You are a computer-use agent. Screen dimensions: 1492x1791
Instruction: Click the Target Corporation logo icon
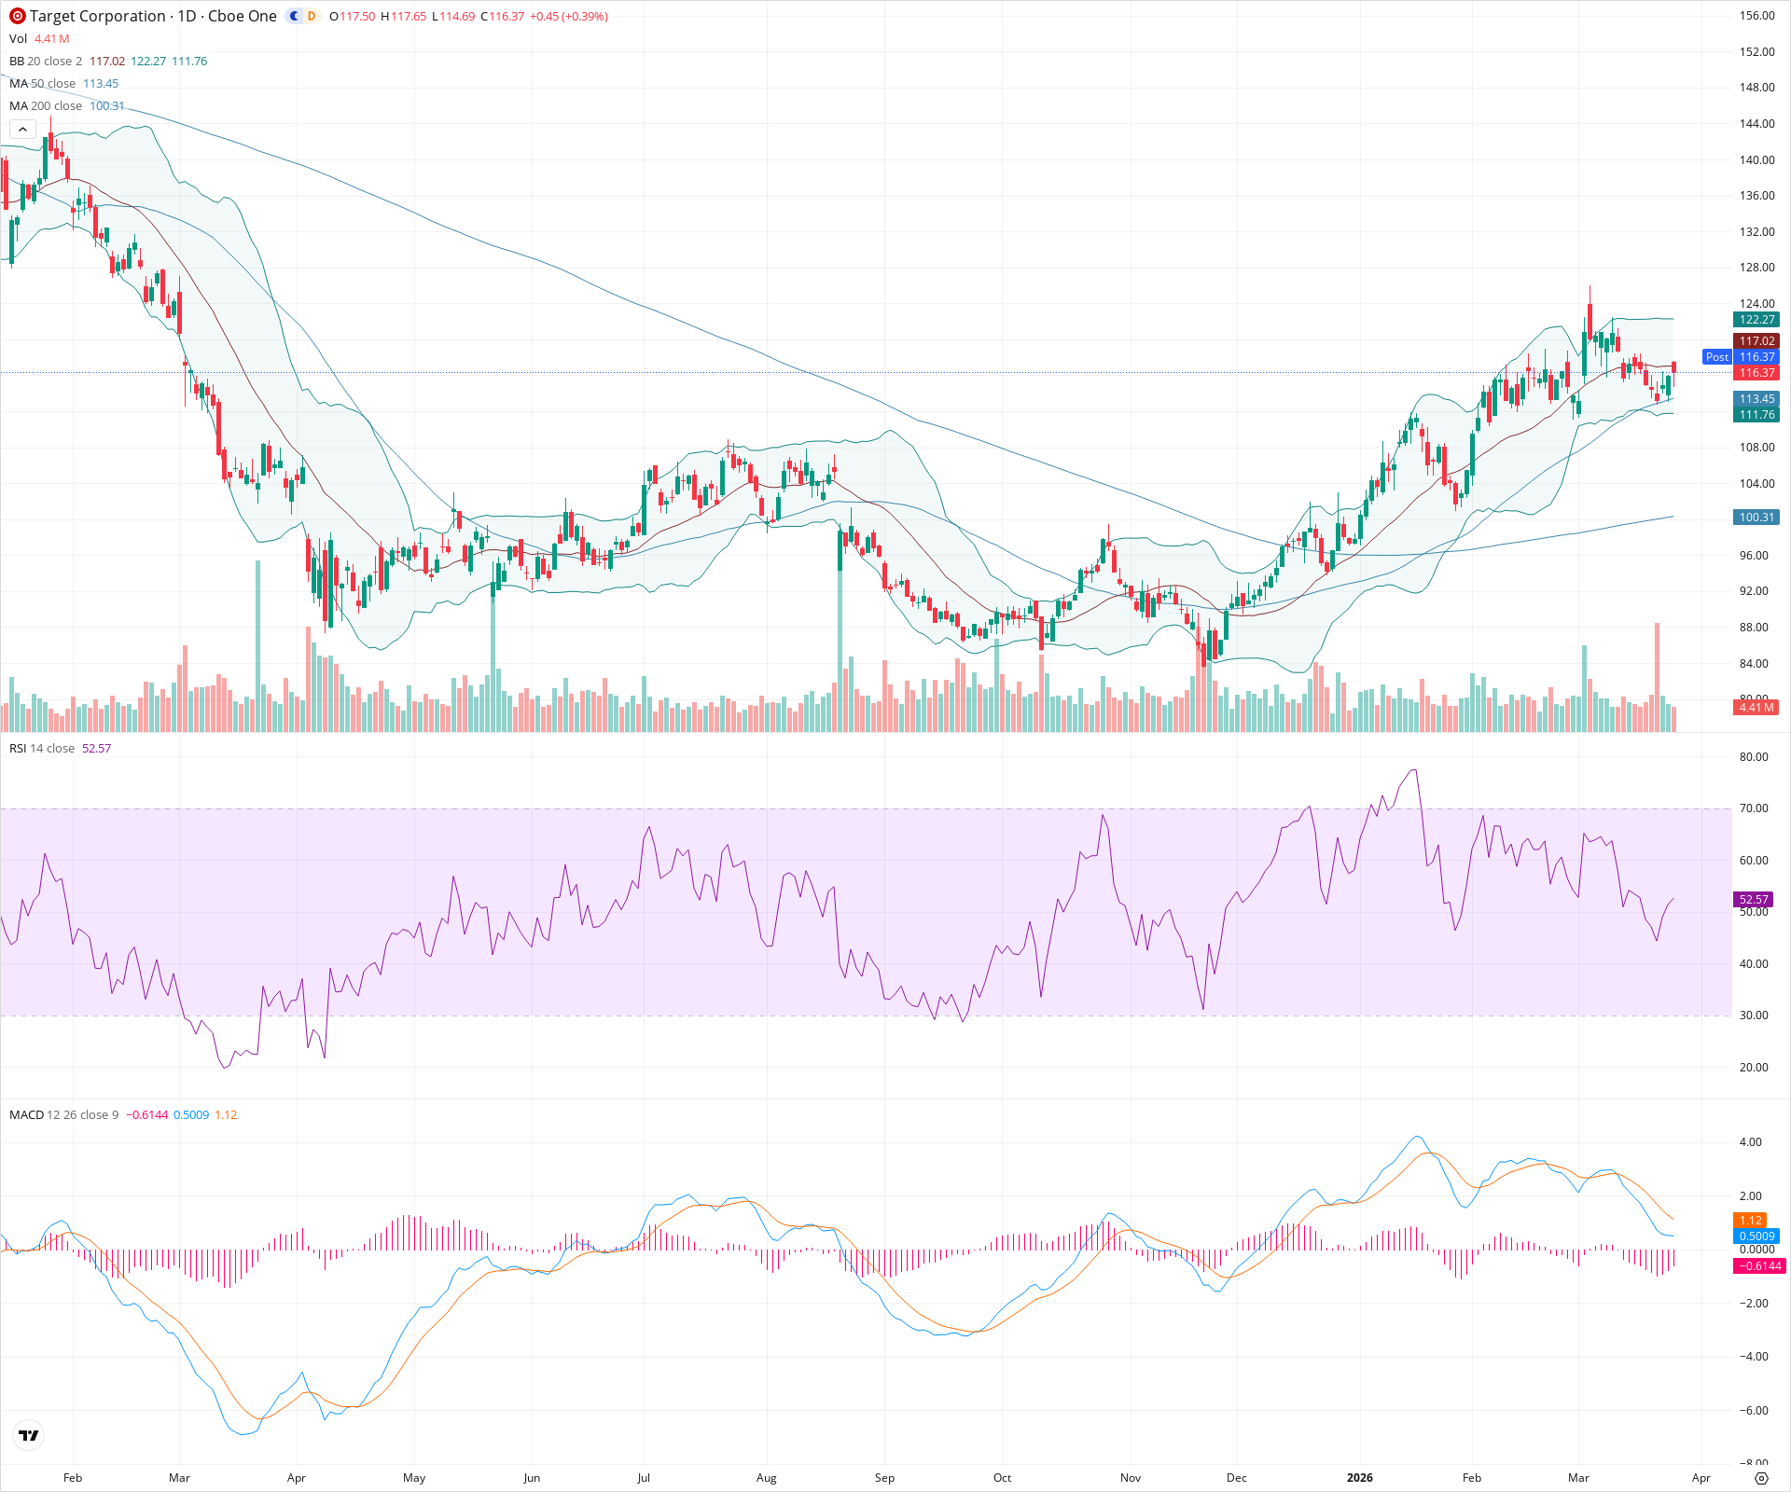tap(17, 16)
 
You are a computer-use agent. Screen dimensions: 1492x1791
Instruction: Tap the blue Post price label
tap(1716, 357)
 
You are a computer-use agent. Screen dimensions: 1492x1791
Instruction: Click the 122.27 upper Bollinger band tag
tap(1756, 320)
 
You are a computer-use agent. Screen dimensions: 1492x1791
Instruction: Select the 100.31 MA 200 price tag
tap(1756, 518)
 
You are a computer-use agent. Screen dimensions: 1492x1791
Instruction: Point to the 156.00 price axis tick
tap(1756, 16)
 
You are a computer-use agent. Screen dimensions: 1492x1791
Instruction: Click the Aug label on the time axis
tap(766, 1478)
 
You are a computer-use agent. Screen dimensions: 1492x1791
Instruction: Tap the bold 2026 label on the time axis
tap(1360, 1478)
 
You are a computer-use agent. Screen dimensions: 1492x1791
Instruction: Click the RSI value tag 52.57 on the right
tap(1754, 900)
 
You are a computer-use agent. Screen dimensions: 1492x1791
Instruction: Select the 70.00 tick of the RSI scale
tap(1754, 808)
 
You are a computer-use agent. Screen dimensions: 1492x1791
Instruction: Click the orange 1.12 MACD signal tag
tap(1751, 1221)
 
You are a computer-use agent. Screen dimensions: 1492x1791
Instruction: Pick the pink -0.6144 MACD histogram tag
tap(1758, 1266)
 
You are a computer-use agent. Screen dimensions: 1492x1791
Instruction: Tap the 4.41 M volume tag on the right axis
tap(1756, 708)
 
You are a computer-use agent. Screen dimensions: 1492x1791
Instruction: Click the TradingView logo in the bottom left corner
tap(29, 1435)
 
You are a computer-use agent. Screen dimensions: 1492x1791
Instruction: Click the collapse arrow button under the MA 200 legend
tap(22, 130)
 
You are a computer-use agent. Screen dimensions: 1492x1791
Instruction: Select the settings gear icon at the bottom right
tap(1761, 1478)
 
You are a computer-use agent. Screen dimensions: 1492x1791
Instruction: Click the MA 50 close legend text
tap(43, 84)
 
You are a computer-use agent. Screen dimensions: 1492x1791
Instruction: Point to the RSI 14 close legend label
tap(42, 749)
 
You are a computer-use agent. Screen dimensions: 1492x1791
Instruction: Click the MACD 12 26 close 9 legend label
tap(63, 1115)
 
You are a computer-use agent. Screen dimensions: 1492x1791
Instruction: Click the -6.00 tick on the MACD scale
tap(1754, 1411)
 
